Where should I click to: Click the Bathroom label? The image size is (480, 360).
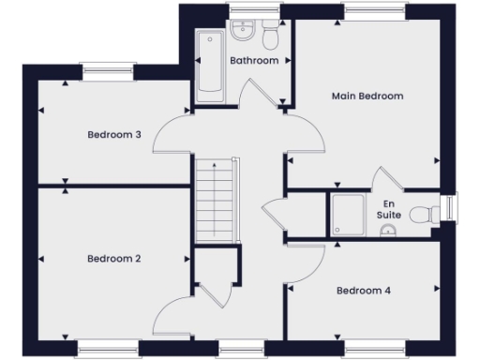254,61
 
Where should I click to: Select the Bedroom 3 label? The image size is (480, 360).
114,135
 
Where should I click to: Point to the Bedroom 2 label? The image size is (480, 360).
114,259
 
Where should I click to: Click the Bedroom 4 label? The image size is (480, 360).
364,291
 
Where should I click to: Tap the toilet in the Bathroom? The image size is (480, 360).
270,37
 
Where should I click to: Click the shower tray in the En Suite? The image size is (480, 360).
348,215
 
